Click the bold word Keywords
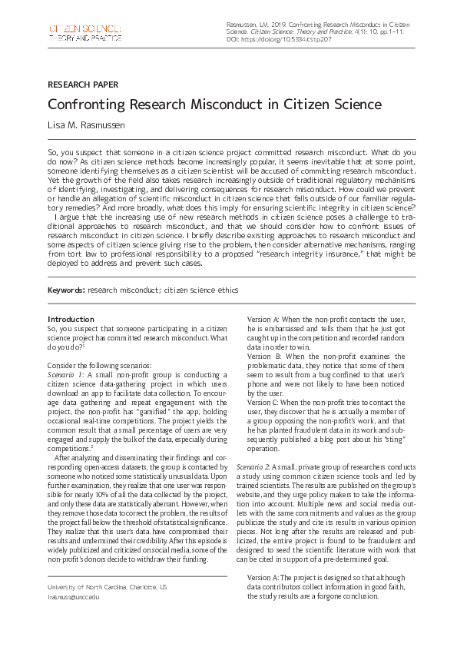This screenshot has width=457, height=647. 66,290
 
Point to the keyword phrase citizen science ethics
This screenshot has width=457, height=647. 204,290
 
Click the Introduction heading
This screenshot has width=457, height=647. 71,319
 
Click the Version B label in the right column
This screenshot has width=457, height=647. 264,357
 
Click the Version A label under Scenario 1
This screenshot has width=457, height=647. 264,319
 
